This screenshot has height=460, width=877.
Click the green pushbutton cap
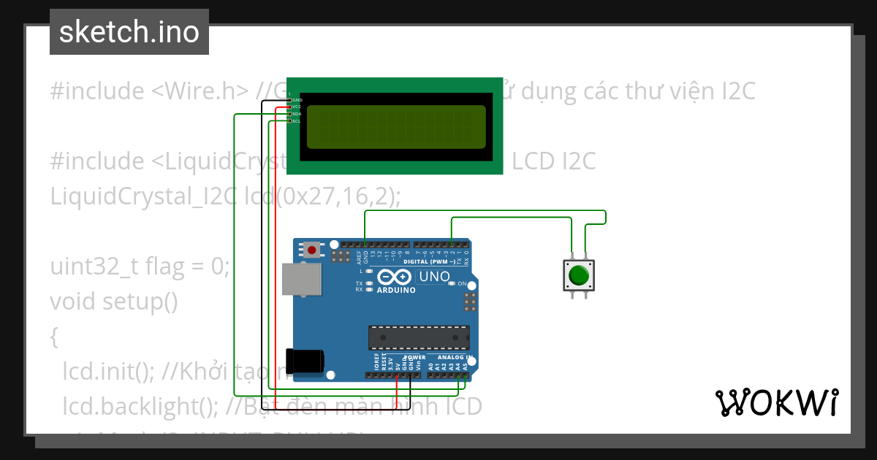pos(578,276)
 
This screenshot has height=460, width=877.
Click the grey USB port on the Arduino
pos(302,280)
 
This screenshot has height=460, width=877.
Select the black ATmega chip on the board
pos(419,337)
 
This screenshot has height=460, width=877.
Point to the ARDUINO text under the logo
pos(396,290)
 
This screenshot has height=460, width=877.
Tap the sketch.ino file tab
pos(129,32)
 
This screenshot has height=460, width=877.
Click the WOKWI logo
pos(776,402)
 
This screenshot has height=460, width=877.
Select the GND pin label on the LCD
pos(297,99)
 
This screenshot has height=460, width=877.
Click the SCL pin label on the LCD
pos(297,121)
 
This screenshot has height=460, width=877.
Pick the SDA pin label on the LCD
pos(297,114)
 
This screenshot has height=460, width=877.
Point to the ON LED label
pos(462,283)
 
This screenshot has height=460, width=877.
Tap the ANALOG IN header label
pos(455,358)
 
